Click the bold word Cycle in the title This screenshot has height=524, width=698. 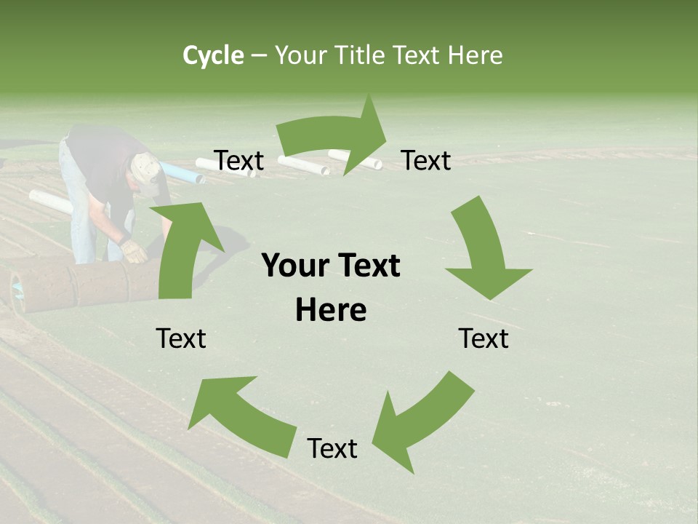213,55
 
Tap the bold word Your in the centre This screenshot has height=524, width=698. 294,266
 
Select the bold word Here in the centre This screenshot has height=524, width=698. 331,311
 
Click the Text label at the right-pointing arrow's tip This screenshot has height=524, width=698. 426,161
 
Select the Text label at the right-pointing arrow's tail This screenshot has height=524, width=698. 239,161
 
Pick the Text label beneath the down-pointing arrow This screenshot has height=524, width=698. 484,339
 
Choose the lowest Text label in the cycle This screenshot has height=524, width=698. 332,449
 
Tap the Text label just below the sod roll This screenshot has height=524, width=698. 182,339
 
